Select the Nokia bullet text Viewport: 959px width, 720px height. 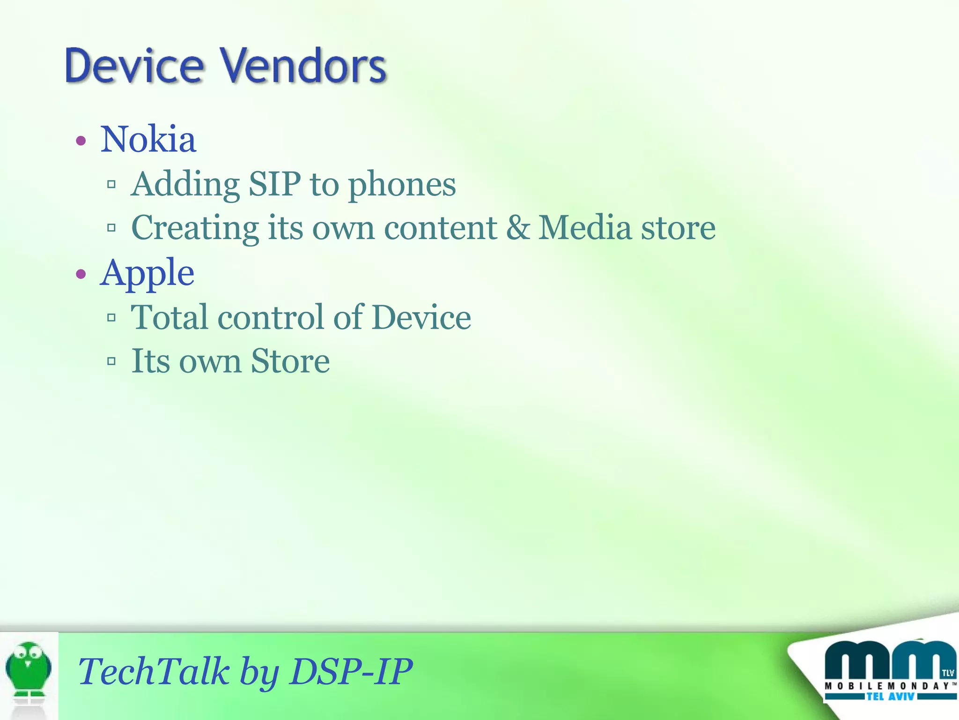[148, 139]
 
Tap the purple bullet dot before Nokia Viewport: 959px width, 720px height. [81, 141]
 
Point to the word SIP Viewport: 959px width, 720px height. [274, 184]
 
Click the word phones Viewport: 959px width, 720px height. [402, 185]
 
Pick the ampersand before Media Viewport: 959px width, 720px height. [517, 228]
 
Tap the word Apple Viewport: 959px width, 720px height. [147, 273]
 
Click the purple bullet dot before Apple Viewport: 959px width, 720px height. [81, 274]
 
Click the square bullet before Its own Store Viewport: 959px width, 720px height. [111, 361]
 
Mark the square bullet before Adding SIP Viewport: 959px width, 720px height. [111, 184]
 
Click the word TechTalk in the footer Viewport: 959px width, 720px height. [154, 671]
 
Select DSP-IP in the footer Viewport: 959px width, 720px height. [351, 671]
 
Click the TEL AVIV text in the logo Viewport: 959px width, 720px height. [890, 697]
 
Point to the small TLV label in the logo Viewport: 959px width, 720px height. [948, 673]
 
